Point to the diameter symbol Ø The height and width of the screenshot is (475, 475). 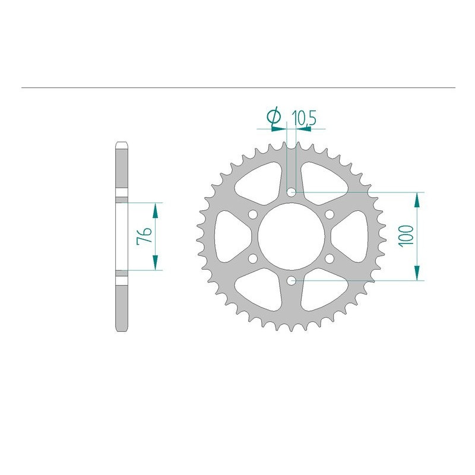[x=274, y=119]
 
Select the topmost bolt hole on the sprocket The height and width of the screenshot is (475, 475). [x=290, y=192]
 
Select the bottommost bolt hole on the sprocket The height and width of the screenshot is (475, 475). [x=290, y=280]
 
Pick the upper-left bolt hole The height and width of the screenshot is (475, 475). [x=252, y=214]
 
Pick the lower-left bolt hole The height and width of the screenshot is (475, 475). [x=252, y=258]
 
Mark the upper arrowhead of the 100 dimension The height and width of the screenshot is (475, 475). [x=419, y=199]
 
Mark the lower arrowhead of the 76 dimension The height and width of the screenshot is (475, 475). [x=156, y=264]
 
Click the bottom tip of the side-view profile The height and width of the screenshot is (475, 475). [x=121, y=331]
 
